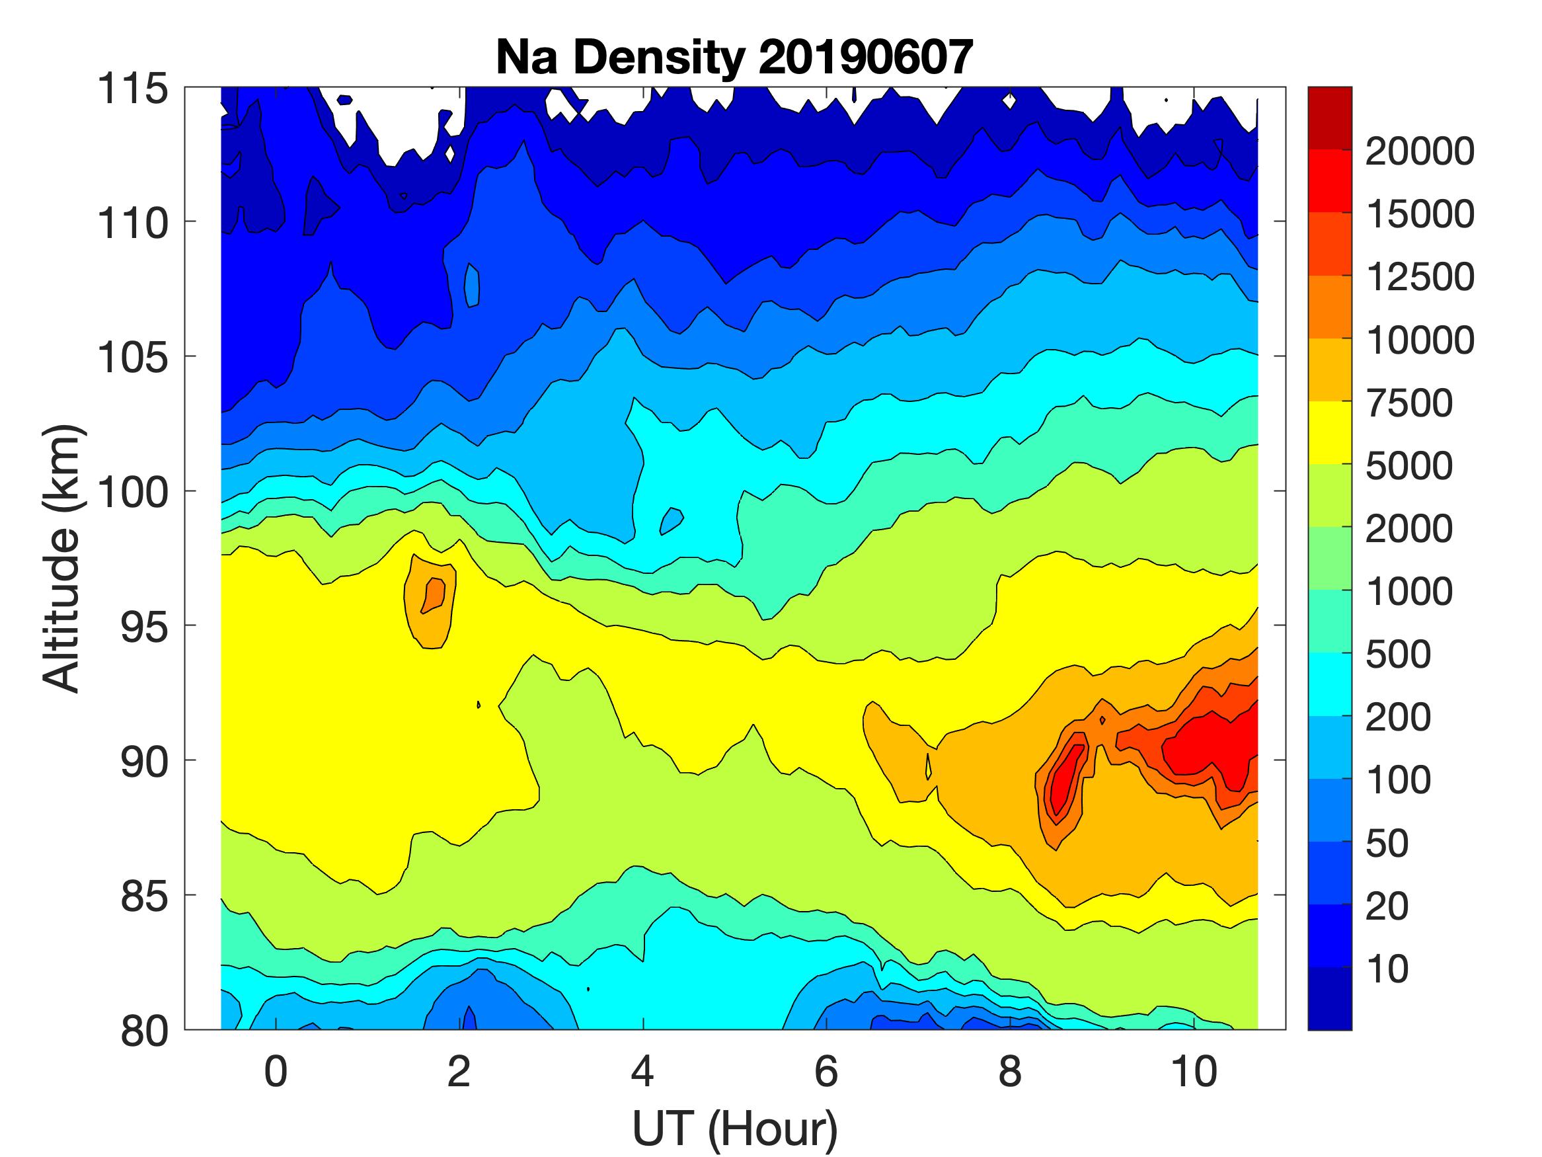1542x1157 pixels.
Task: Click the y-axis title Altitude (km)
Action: tap(63, 558)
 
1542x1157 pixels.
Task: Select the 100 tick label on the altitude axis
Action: tap(132, 493)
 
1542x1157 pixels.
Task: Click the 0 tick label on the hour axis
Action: tap(276, 1072)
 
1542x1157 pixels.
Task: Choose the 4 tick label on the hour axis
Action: tap(642, 1072)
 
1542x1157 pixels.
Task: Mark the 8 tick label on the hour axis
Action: tap(1010, 1072)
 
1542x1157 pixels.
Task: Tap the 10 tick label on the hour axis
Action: tap(1194, 1072)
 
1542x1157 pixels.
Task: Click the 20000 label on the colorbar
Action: tap(1419, 151)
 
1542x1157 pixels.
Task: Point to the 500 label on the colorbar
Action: tap(1398, 654)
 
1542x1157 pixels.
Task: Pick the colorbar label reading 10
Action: tap(1387, 969)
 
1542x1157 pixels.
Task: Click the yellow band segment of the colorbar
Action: tap(1329, 432)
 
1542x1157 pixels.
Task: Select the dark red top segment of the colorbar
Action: tap(1329, 118)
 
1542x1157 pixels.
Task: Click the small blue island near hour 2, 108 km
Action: tap(473, 285)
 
